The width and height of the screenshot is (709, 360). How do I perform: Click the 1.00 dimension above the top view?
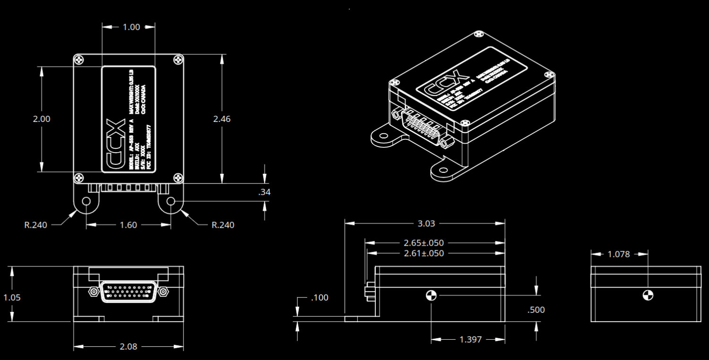(x=131, y=27)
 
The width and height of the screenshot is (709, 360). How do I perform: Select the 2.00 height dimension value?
(x=42, y=119)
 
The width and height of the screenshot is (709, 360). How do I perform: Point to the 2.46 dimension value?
(x=222, y=119)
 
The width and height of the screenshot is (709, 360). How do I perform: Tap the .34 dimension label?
(x=264, y=192)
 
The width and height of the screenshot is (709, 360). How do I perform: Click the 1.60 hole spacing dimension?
(x=129, y=225)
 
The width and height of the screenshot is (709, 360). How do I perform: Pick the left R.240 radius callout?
(x=36, y=225)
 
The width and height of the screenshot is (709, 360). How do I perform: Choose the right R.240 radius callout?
(x=223, y=225)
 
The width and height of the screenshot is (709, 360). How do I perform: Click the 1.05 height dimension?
(x=12, y=298)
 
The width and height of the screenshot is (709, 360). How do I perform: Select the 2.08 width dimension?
(x=128, y=346)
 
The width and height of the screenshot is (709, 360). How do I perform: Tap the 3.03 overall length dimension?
(x=427, y=223)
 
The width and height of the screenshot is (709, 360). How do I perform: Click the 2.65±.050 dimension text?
(x=424, y=243)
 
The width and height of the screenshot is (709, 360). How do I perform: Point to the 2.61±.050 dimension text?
(x=424, y=253)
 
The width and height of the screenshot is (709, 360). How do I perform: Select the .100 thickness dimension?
(x=320, y=298)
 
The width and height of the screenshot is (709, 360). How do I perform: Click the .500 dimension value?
(x=536, y=310)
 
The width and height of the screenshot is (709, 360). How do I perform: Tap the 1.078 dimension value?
(x=619, y=254)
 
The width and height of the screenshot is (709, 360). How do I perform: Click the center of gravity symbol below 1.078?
(x=648, y=295)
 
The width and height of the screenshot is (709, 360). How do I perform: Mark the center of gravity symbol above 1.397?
(x=432, y=296)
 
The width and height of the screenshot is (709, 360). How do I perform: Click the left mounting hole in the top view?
(x=86, y=202)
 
